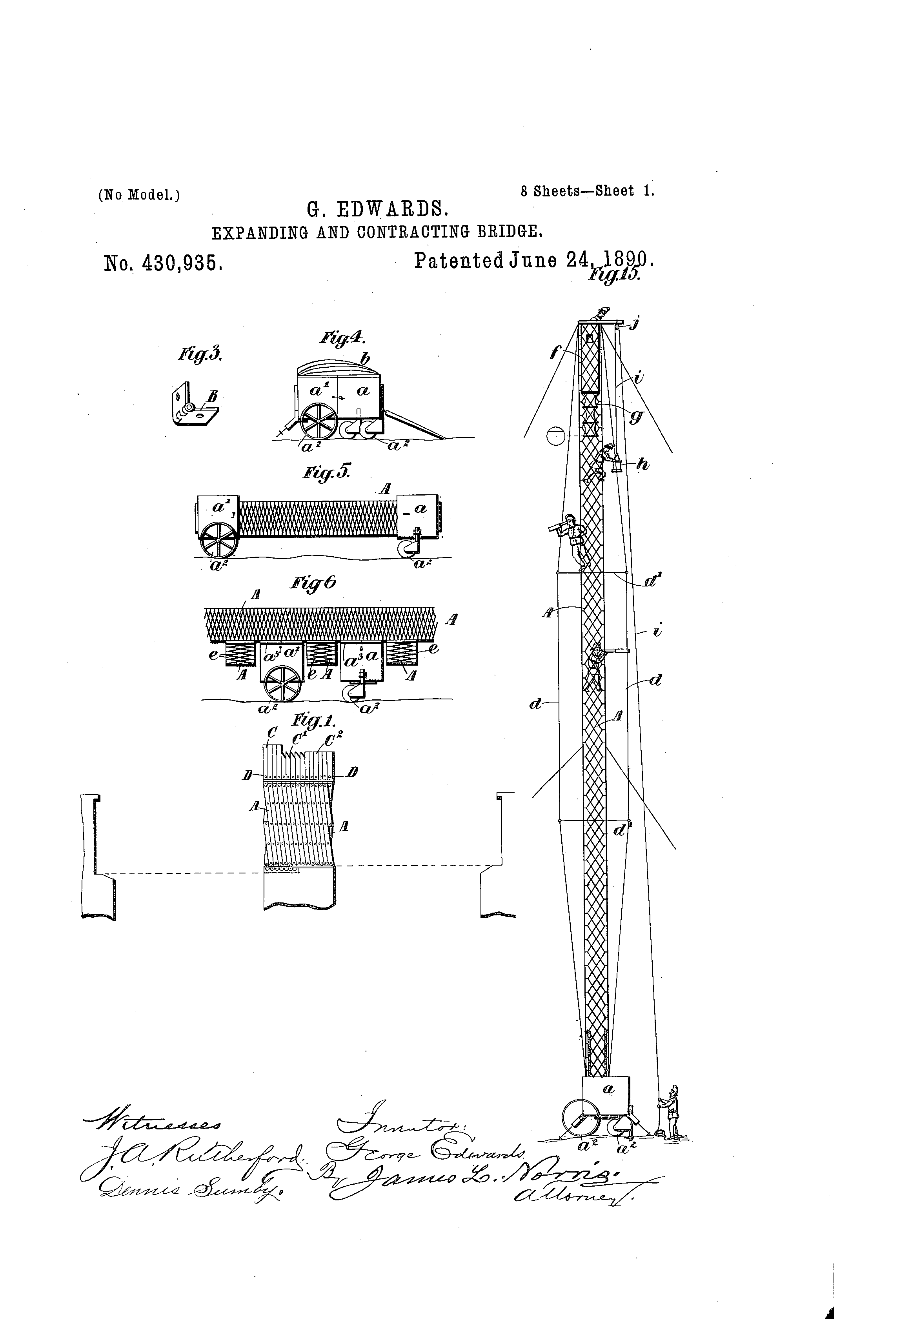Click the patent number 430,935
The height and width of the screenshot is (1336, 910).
[163, 263]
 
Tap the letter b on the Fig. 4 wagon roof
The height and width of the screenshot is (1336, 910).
[364, 360]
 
